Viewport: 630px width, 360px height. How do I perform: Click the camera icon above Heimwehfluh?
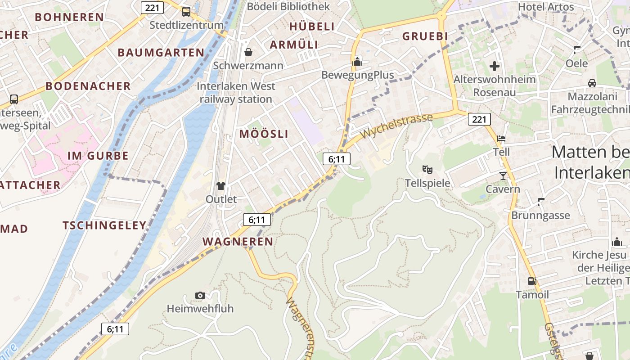tap(200, 295)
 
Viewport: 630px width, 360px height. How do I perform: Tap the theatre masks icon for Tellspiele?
tap(427, 170)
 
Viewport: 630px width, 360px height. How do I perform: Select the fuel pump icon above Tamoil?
tap(532, 281)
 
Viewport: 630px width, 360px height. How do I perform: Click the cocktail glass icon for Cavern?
tap(503, 175)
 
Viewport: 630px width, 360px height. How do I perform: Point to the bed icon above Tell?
tap(501, 139)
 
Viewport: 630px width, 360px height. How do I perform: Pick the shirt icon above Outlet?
tap(220, 185)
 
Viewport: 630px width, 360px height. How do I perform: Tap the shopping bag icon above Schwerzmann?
tap(248, 53)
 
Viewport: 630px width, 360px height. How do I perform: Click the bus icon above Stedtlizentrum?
tap(186, 12)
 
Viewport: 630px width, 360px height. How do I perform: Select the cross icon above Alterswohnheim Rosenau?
tap(495, 67)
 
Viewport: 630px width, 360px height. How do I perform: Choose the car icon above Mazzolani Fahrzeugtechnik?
tap(592, 83)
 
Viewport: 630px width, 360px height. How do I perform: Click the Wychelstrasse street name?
tap(396, 126)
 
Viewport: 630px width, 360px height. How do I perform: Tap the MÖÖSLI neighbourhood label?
tap(264, 134)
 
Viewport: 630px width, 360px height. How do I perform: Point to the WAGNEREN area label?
tap(238, 242)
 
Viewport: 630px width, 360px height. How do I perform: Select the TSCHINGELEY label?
tap(104, 225)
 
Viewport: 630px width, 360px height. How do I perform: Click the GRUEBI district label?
tap(425, 36)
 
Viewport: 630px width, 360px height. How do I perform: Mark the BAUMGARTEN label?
tap(161, 53)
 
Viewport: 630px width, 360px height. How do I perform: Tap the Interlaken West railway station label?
tap(236, 93)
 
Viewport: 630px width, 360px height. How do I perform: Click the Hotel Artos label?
tap(546, 7)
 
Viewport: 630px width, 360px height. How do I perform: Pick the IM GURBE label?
tap(98, 156)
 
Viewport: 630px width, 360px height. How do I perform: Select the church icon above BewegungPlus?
tap(357, 62)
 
